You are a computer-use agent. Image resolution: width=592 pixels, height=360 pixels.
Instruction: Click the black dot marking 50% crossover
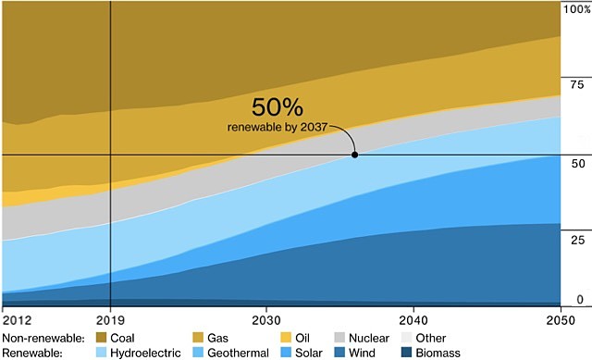tap(354, 155)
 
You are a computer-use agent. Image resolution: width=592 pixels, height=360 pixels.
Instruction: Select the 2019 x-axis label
tap(110, 317)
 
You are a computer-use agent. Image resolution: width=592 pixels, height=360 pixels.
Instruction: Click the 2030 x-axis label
tap(266, 317)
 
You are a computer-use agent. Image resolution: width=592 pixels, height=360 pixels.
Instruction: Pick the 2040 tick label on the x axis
tap(413, 317)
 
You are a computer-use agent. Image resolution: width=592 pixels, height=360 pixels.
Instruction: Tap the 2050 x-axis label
tap(561, 317)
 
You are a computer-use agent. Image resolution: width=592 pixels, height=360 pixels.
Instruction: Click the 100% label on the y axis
tap(575, 9)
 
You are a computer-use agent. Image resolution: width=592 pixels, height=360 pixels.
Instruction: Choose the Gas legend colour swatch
tap(197, 338)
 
